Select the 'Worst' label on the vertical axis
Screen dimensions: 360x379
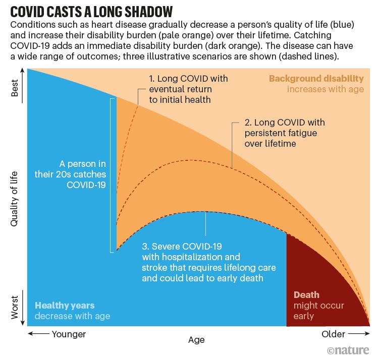[15, 307]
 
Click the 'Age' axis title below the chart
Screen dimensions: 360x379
[196, 340]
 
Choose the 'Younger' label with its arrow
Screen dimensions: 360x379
[57, 334]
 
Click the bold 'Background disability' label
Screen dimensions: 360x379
[316, 79]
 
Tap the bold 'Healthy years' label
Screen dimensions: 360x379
[65, 306]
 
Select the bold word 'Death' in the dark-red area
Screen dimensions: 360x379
[306, 295]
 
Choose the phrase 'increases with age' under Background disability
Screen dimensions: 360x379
[326, 89]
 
